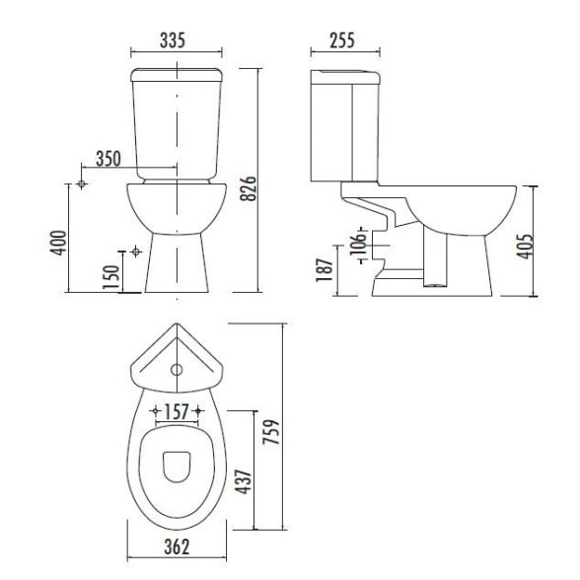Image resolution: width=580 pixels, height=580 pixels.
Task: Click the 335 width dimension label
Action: coord(173,40)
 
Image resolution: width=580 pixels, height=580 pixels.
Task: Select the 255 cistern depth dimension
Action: coord(342,40)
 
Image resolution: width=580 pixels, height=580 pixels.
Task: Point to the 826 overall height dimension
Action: coord(248,188)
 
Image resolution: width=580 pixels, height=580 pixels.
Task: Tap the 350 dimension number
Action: coord(109,158)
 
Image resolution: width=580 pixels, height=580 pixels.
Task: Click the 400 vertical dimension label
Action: coord(58,243)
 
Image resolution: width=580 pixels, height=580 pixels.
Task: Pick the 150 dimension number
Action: coord(111,278)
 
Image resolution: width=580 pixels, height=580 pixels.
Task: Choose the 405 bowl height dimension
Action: coord(525,247)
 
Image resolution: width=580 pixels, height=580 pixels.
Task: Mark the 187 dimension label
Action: coord(325,269)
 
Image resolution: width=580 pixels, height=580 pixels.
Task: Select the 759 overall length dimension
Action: coord(270,432)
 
